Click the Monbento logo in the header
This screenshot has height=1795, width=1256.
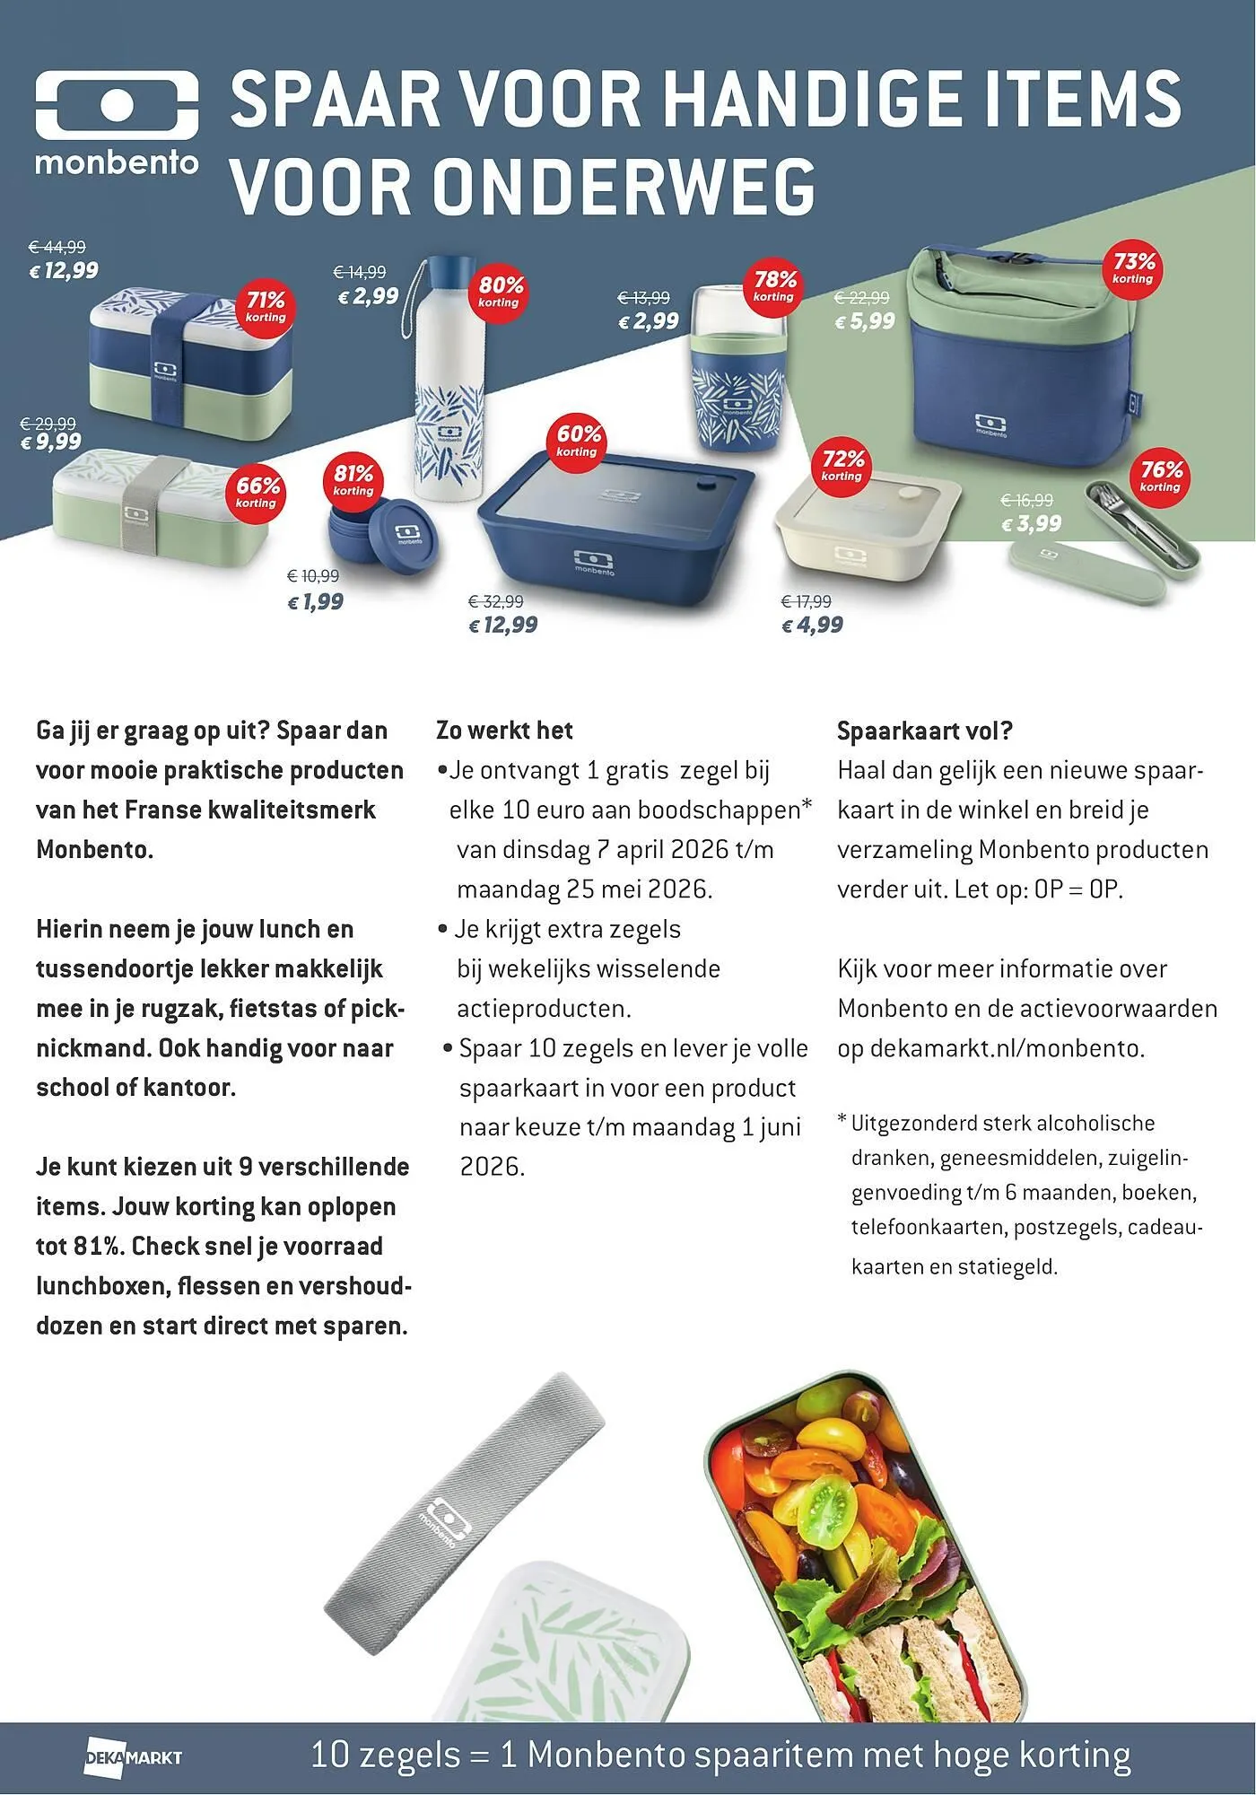(117, 124)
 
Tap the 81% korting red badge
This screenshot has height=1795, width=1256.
(353, 479)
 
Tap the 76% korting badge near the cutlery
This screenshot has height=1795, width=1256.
(1161, 476)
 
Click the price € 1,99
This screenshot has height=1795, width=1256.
(315, 602)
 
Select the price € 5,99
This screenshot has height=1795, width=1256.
(865, 321)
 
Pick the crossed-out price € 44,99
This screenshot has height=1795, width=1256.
(57, 247)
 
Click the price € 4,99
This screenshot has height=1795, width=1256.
(812, 625)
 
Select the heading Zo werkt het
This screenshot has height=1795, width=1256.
(504, 731)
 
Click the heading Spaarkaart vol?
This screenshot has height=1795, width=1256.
(924, 731)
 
